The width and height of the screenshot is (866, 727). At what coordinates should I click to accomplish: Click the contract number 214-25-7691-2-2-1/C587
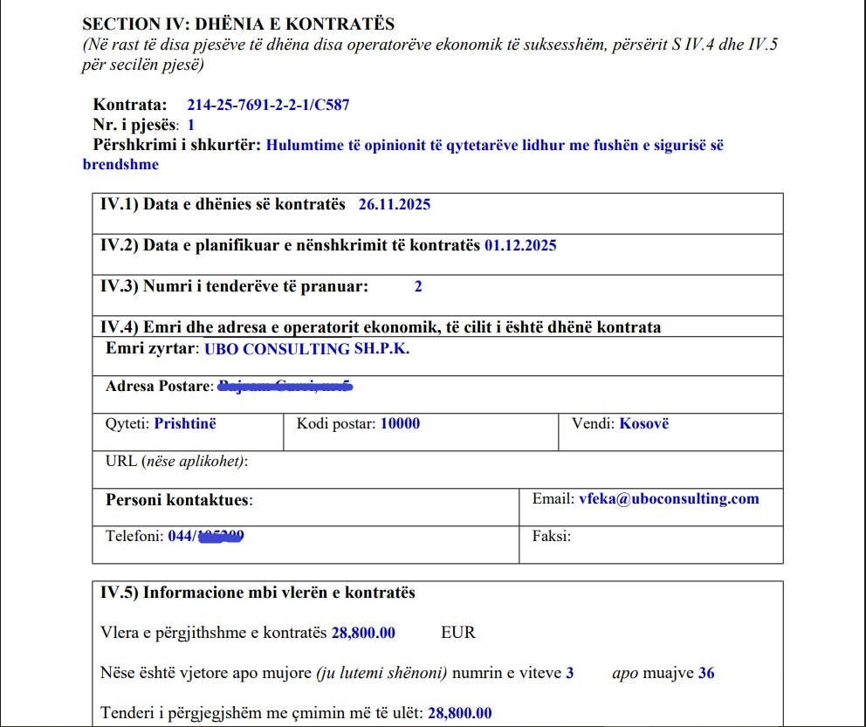point(268,106)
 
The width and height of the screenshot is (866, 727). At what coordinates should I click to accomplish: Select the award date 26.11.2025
point(394,205)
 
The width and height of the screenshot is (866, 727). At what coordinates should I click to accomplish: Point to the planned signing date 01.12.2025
point(520,245)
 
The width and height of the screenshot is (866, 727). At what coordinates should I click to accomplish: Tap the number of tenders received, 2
point(418,286)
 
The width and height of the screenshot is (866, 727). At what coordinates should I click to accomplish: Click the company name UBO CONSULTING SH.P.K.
point(306,349)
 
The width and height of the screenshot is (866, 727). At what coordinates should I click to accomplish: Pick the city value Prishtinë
point(184,424)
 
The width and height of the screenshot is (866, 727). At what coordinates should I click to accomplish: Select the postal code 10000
point(400,424)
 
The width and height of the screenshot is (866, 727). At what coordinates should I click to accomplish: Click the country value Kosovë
point(643,424)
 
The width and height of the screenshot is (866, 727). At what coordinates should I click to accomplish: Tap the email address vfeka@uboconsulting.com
point(669,499)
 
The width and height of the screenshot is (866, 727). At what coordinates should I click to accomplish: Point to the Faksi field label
point(551,536)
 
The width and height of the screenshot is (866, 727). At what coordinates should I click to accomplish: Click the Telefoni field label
point(134,536)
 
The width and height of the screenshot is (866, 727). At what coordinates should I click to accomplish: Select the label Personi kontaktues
point(178,500)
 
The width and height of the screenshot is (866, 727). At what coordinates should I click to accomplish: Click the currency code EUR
point(458,633)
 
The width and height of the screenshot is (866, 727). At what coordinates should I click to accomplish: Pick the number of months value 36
point(706,673)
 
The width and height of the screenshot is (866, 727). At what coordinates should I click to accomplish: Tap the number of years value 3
point(570,673)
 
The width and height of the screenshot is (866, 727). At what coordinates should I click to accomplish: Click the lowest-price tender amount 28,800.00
point(460,713)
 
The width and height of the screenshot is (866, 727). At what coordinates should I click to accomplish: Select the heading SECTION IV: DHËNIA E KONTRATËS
point(237,24)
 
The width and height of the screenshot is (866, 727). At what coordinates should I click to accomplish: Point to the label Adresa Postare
point(158,386)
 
